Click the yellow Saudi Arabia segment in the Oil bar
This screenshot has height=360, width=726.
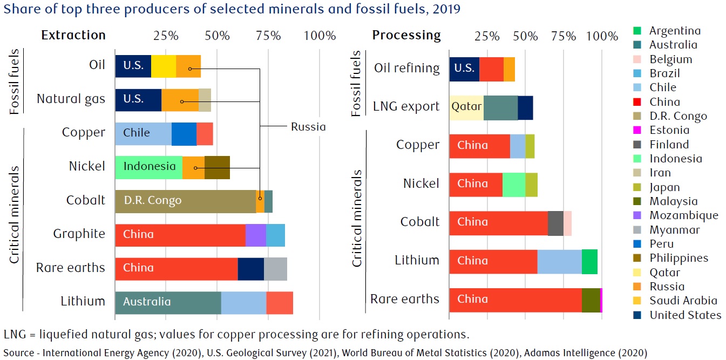(x=164, y=66)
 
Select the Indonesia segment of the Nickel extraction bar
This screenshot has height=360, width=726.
(x=148, y=167)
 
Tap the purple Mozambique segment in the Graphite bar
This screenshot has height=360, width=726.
(x=256, y=234)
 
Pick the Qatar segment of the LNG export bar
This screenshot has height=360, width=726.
(x=466, y=107)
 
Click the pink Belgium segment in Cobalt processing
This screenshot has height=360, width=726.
(x=567, y=222)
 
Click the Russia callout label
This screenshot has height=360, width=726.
(x=308, y=127)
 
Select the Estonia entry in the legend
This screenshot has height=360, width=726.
(x=669, y=130)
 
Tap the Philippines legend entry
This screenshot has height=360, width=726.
(x=678, y=258)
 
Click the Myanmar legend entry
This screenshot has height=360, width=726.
(x=674, y=230)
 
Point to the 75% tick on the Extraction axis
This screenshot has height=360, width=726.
(x=268, y=36)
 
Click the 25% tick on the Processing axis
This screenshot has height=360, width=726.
(x=487, y=36)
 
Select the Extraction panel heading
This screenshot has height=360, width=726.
(x=73, y=35)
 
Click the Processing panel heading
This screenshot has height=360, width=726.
(x=406, y=35)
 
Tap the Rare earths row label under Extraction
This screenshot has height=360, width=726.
(x=70, y=268)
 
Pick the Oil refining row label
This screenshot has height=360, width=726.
(x=406, y=68)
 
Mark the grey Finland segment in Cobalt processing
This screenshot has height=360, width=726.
(x=555, y=222)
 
